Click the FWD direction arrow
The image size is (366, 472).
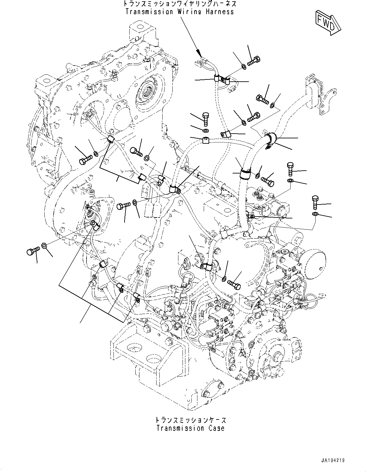(x=328, y=22)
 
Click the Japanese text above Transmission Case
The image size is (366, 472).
(x=190, y=420)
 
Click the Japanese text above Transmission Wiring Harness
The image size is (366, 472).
(x=179, y=4)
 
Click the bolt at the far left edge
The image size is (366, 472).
(x=32, y=252)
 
